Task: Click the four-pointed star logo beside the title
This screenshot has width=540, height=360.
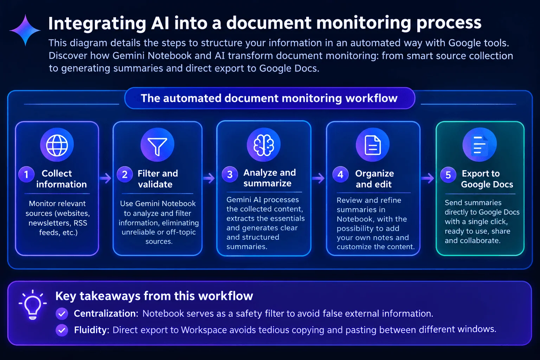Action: (25, 30)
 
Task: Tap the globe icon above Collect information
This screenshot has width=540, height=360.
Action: (57, 145)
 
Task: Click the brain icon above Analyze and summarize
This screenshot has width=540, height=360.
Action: (264, 145)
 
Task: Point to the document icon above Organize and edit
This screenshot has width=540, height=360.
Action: (373, 145)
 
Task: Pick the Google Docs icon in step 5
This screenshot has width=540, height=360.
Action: (480, 145)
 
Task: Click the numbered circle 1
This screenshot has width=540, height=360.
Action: (26, 174)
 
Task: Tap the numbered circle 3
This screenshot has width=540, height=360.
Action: (230, 174)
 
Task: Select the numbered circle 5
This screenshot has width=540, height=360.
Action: (448, 175)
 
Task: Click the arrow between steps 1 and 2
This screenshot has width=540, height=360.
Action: (105, 179)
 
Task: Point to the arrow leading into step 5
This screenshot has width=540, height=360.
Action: (427, 179)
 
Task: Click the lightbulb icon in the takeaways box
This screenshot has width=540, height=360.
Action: (33, 305)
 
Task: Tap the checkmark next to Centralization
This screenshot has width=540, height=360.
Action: (62, 314)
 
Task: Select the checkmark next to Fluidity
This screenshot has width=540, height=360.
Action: (62, 330)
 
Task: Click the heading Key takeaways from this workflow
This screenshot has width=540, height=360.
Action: (154, 296)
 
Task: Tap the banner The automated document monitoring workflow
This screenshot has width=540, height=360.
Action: (270, 98)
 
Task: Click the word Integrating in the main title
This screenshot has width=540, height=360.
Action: (97, 24)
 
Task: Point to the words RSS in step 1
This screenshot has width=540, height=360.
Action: (80, 223)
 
